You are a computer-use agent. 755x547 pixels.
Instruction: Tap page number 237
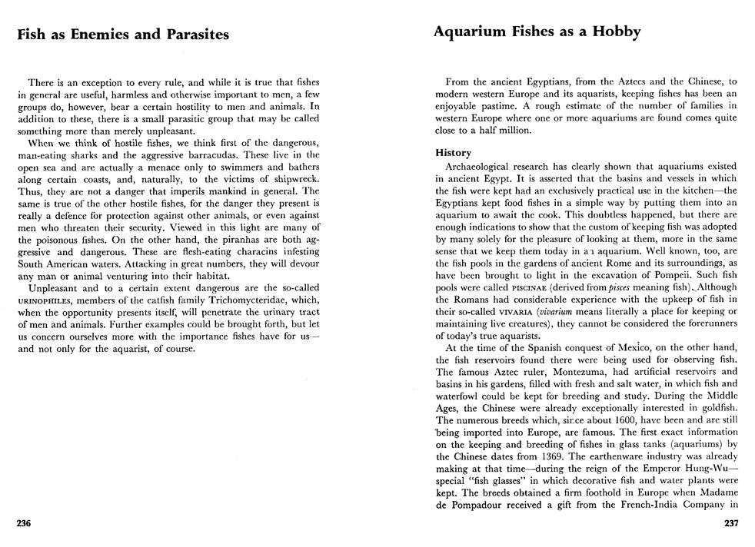coord(731,524)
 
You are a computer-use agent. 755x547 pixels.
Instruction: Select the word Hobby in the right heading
coord(616,31)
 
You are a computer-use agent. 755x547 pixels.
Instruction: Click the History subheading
coord(453,153)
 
